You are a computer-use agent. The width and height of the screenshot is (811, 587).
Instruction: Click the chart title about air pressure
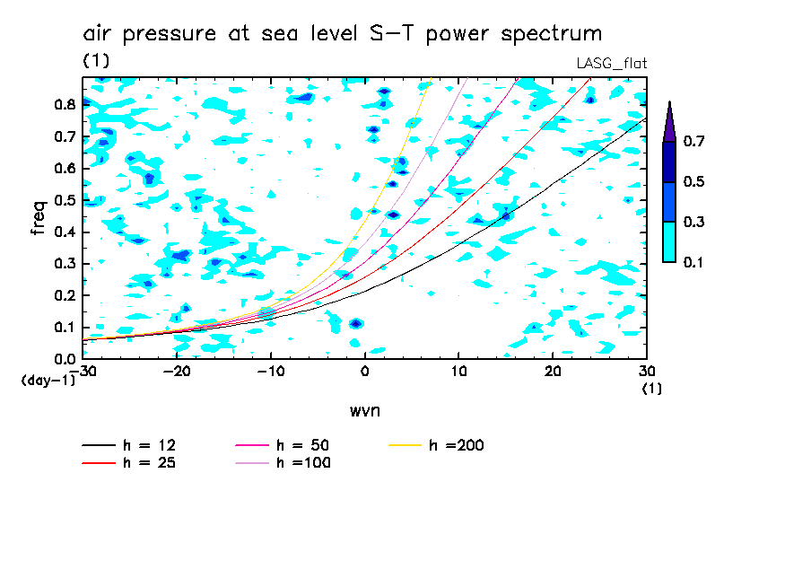[x=342, y=34]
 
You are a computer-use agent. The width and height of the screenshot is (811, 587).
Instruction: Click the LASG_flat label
[x=611, y=63]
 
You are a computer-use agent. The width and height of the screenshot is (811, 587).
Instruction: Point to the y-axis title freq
[x=38, y=217]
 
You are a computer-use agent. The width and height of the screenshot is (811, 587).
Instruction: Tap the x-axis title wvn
[x=364, y=410]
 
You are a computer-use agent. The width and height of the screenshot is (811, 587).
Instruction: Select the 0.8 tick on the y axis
[x=65, y=104]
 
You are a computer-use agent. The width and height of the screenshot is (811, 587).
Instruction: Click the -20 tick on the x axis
[x=178, y=372]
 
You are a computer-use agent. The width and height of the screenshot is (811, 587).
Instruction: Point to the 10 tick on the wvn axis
[x=458, y=372]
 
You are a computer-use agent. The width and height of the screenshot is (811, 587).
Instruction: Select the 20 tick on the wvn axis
[x=553, y=372]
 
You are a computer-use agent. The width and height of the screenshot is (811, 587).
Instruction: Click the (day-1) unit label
[x=48, y=381]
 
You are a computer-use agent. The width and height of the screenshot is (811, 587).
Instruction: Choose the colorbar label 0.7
[x=693, y=142]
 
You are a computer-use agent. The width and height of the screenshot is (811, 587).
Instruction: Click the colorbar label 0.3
[x=693, y=223]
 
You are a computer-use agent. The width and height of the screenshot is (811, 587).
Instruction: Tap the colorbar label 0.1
[x=693, y=262]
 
